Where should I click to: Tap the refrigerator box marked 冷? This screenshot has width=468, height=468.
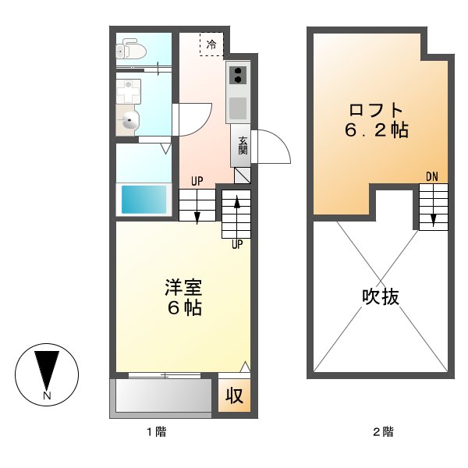click(x=211, y=44)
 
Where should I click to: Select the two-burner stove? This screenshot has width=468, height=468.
click(x=237, y=75)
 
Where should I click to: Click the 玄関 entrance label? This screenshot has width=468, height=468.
click(x=242, y=145)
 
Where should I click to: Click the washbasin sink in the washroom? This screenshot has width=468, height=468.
click(x=131, y=120)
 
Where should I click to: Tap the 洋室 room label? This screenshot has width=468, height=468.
click(x=183, y=287)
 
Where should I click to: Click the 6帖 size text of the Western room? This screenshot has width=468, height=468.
click(x=183, y=307)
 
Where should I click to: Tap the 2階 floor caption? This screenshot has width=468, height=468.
click(x=381, y=431)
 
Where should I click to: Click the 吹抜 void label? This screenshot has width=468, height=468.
click(x=381, y=296)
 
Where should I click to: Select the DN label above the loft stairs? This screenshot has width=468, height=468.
click(x=432, y=176)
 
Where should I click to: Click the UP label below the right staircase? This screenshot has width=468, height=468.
click(x=236, y=243)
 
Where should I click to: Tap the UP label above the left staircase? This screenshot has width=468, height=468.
click(x=197, y=182)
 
